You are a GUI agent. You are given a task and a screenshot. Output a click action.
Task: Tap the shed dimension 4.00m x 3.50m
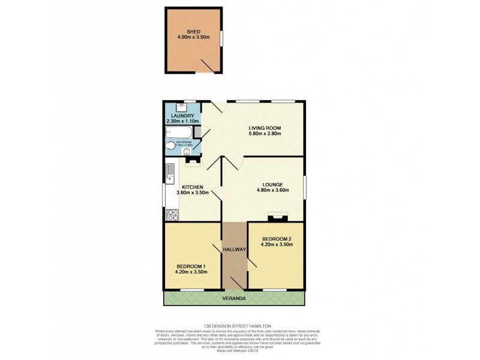tap(193, 37)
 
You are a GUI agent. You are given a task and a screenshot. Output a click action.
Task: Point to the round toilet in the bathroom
tap(170, 145)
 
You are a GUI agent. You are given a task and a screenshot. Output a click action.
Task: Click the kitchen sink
tap(169, 172)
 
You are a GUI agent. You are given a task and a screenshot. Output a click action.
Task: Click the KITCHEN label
tap(193, 187)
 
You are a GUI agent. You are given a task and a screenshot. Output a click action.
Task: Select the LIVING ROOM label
tap(265, 127)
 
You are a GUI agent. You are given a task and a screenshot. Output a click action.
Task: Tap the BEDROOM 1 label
tap(191, 266)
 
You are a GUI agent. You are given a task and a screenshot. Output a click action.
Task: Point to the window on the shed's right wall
tap(221, 37)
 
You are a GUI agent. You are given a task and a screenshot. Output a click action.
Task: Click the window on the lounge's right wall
tap(304, 186)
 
